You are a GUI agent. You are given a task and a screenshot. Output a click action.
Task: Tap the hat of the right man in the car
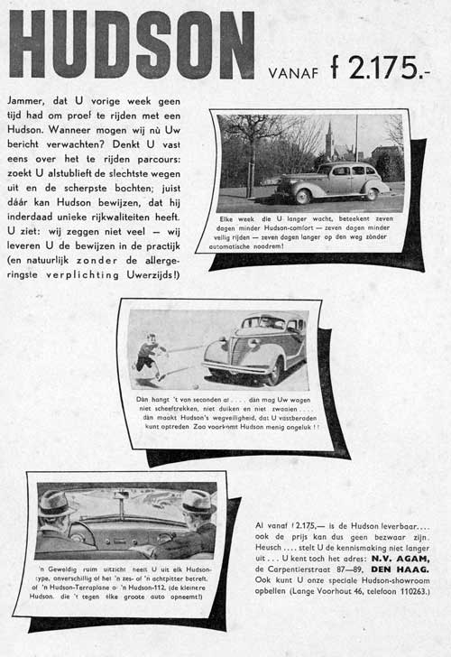(198, 500)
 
